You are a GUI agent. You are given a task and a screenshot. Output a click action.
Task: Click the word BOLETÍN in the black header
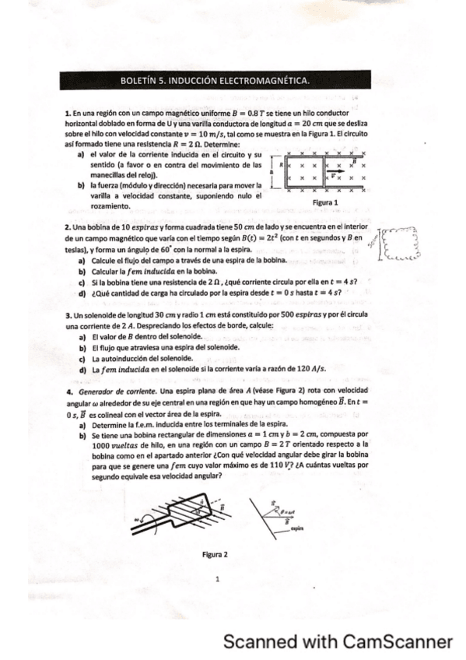[x=139, y=80]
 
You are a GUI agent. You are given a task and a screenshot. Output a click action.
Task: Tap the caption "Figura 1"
[x=324, y=202]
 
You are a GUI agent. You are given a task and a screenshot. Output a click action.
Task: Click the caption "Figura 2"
[x=215, y=555]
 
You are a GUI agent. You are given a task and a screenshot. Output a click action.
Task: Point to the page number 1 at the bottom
[x=218, y=577]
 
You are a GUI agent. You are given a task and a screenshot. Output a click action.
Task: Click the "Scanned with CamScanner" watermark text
[x=337, y=641]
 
